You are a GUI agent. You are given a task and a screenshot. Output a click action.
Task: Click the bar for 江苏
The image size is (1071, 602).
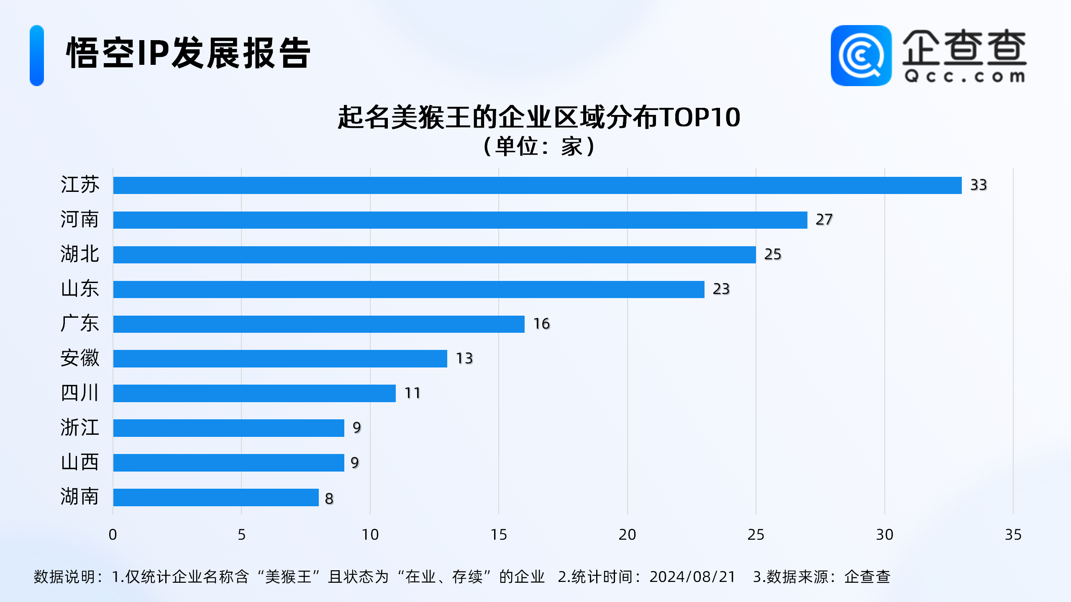pyautogui.click(x=537, y=185)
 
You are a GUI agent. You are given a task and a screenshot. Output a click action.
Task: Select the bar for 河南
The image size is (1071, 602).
pyautogui.click(x=460, y=220)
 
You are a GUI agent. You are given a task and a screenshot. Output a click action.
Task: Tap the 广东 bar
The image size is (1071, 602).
pyautogui.click(x=319, y=324)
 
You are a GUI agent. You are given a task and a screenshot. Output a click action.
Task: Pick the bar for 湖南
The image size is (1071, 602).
pyautogui.click(x=216, y=497)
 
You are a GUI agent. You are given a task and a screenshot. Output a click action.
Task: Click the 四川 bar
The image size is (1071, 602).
pyautogui.click(x=254, y=393)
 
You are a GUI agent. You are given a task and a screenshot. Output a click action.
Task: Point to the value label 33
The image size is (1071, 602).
pyautogui.click(x=978, y=185)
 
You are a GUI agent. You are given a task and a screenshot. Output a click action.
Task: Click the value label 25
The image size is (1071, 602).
pyautogui.click(x=772, y=254)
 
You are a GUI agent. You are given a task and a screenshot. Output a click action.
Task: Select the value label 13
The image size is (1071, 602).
pyautogui.click(x=464, y=358)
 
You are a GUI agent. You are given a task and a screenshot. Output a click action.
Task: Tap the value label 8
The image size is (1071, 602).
pyautogui.click(x=329, y=498)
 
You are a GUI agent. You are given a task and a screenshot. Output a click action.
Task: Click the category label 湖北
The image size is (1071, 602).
pyautogui.click(x=79, y=254)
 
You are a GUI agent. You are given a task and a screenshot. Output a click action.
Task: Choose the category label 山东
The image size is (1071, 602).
pyautogui.click(x=79, y=289)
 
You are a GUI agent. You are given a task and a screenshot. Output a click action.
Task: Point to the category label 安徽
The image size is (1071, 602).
pyautogui.click(x=79, y=358)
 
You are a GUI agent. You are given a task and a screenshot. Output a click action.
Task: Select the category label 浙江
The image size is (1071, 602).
pyautogui.click(x=79, y=428)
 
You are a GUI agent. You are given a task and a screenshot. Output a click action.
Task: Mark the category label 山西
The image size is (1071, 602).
pyautogui.click(x=79, y=462)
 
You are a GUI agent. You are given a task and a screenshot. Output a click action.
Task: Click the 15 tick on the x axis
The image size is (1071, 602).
pyautogui.click(x=499, y=535)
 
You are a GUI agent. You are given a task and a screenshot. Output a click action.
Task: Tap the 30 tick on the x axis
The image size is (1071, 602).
pyautogui.click(x=884, y=535)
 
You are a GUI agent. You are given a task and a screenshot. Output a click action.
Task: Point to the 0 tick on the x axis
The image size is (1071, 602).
pyautogui.click(x=113, y=535)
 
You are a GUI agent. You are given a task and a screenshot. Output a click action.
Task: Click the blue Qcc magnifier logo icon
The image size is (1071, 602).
pyautogui.click(x=861, y=56)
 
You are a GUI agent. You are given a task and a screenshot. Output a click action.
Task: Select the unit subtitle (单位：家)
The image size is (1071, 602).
pyautogui.click(x=539, y=147)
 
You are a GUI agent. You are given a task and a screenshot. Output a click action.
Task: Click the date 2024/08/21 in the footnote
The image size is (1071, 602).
pyautogui.click(x=692, y=577)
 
